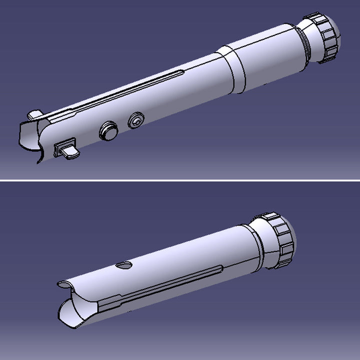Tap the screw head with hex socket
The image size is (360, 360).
[136, 120]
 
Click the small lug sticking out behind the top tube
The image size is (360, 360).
[34, 115]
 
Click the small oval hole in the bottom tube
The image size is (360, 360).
[123, 265]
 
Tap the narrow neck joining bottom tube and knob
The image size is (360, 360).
[258, 244]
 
